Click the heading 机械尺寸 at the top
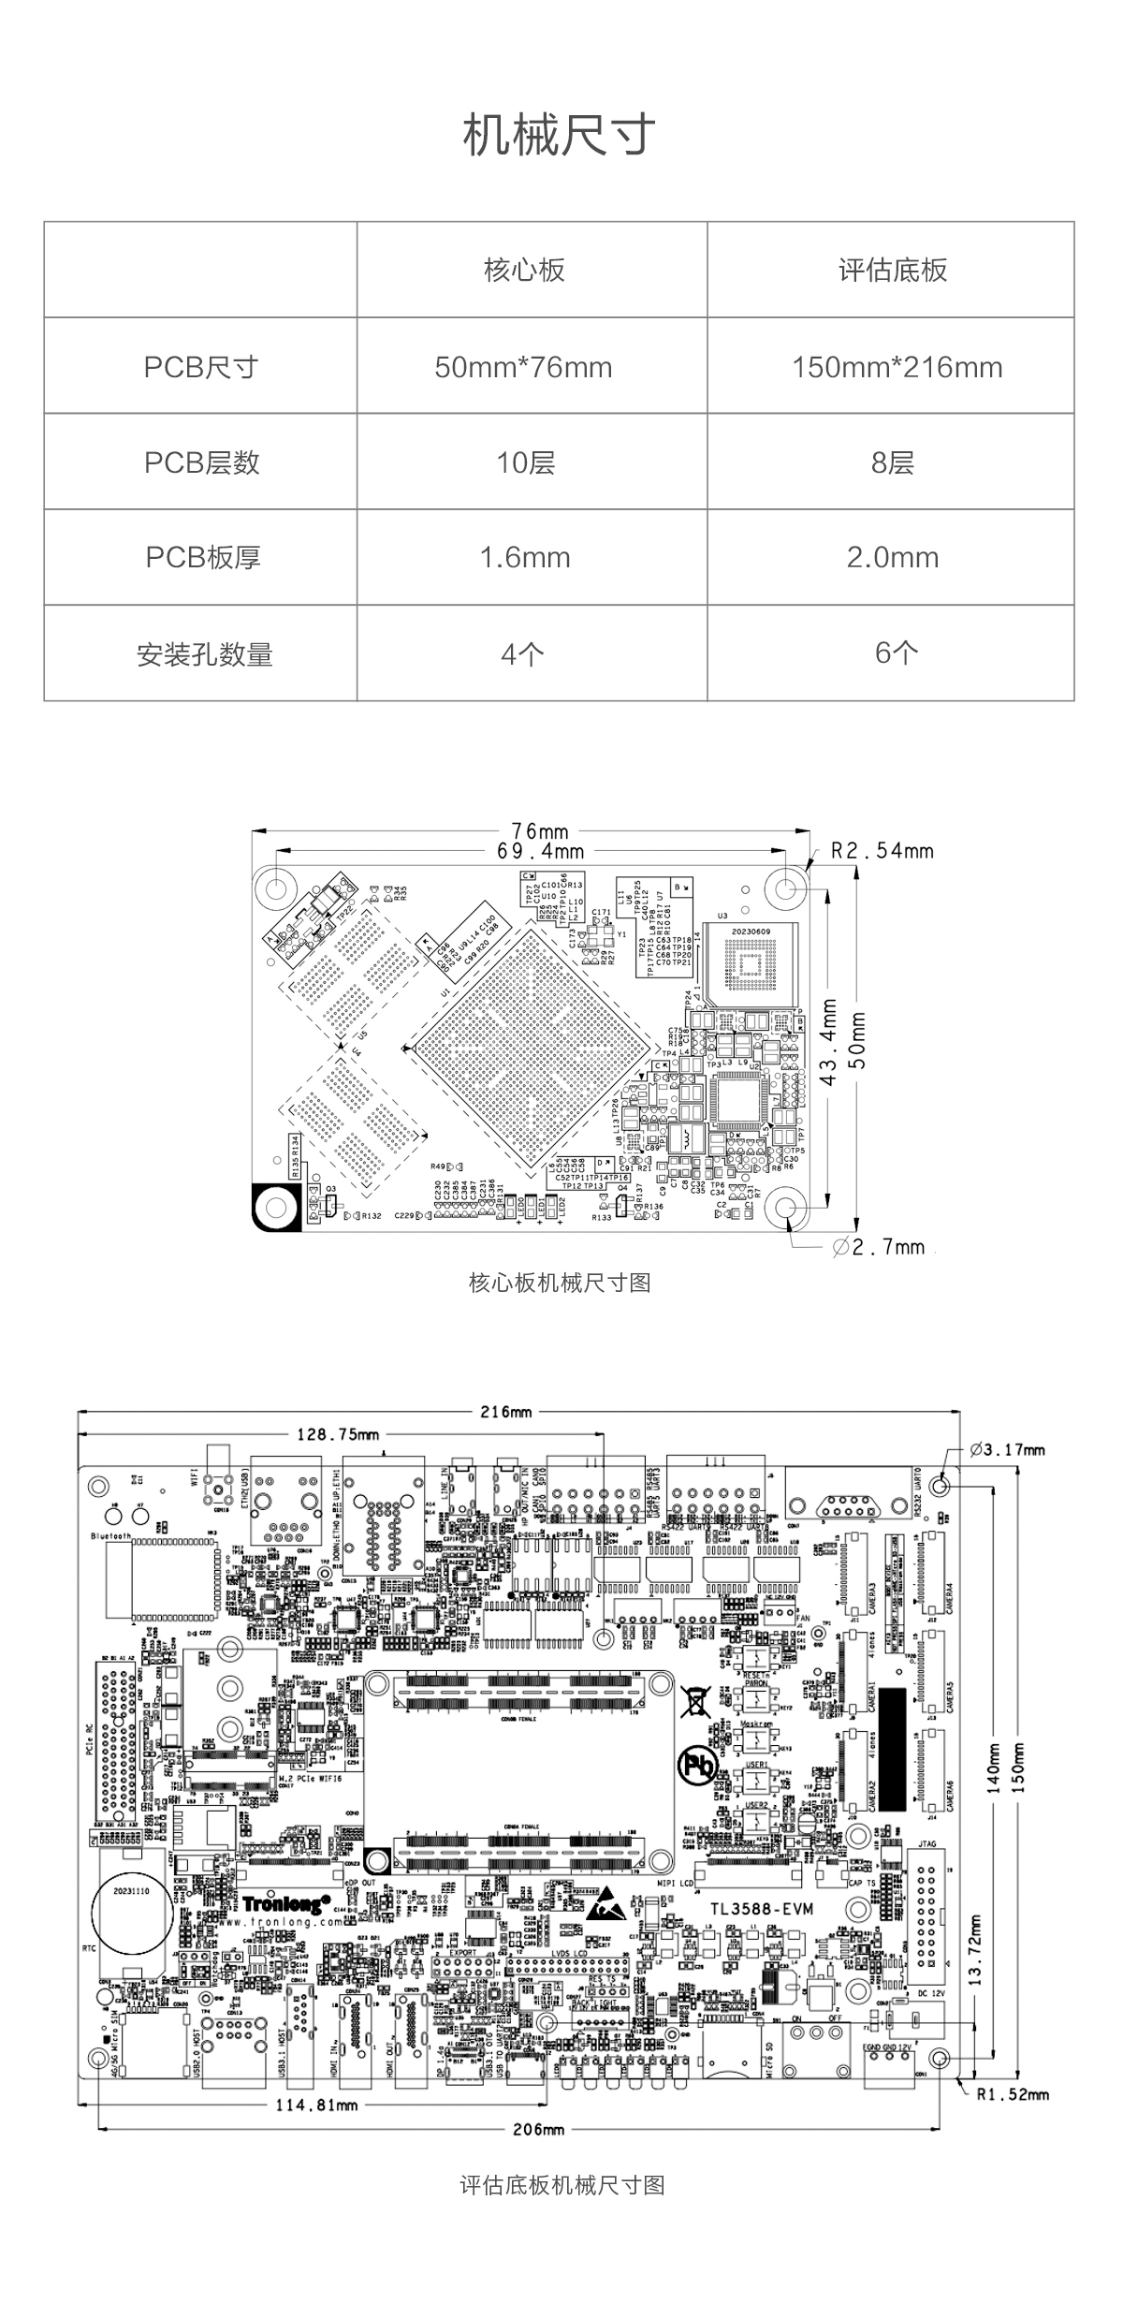[560, 136]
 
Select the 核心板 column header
[524, 271]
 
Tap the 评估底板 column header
[892, 271]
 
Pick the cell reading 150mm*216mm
[897, 367]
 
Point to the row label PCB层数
[201, 462]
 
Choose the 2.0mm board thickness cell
[892, 558]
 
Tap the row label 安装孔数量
[204, 654]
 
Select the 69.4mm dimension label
[540, 851]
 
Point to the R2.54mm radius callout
[882, 851]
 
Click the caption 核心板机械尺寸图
[560, 1283]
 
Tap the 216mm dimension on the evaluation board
[506, 1412]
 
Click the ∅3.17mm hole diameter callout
[1007, 1450]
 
